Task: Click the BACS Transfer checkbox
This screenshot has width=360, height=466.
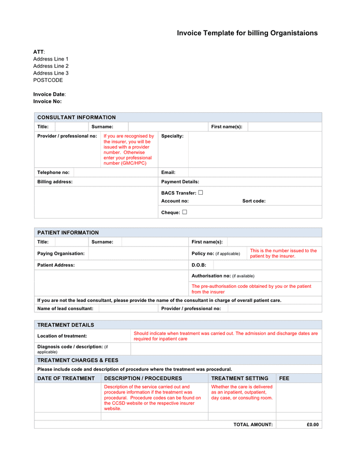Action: [x=201, y=193]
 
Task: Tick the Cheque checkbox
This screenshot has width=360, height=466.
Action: [x=184, y=212]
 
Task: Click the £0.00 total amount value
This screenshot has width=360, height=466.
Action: [x=312, y=425]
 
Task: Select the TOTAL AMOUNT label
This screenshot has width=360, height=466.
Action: [x=252, y=425]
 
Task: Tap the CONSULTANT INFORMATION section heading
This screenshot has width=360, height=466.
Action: [x=77, y=118]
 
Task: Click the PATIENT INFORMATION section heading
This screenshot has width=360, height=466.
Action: [x=68, y=232]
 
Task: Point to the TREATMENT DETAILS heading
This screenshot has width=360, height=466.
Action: [x=66, y=325]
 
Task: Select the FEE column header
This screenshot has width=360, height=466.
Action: [x=284, y=378]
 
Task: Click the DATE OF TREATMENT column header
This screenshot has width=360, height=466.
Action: [x=66, y=378]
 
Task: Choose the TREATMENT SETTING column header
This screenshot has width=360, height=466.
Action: [x=239, y=378]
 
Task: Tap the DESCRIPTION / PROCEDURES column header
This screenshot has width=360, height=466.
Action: [x=143, y=378]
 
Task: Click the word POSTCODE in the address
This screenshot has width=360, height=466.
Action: [x=48, y=80]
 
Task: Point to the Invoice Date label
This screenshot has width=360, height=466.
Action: [x=49, y=94]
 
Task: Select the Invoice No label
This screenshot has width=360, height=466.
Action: [x=47, y=101]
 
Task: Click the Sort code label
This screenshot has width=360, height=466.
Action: [x=254, y=201]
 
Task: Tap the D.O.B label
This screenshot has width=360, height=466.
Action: [x=199, y=265]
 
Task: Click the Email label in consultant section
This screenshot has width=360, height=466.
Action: [x=168, y=172]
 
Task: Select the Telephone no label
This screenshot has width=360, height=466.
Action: [x=53, y=172]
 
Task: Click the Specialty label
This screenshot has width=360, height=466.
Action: [x=172, y=136]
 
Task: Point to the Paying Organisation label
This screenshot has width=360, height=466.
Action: [x=61, y=254]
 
